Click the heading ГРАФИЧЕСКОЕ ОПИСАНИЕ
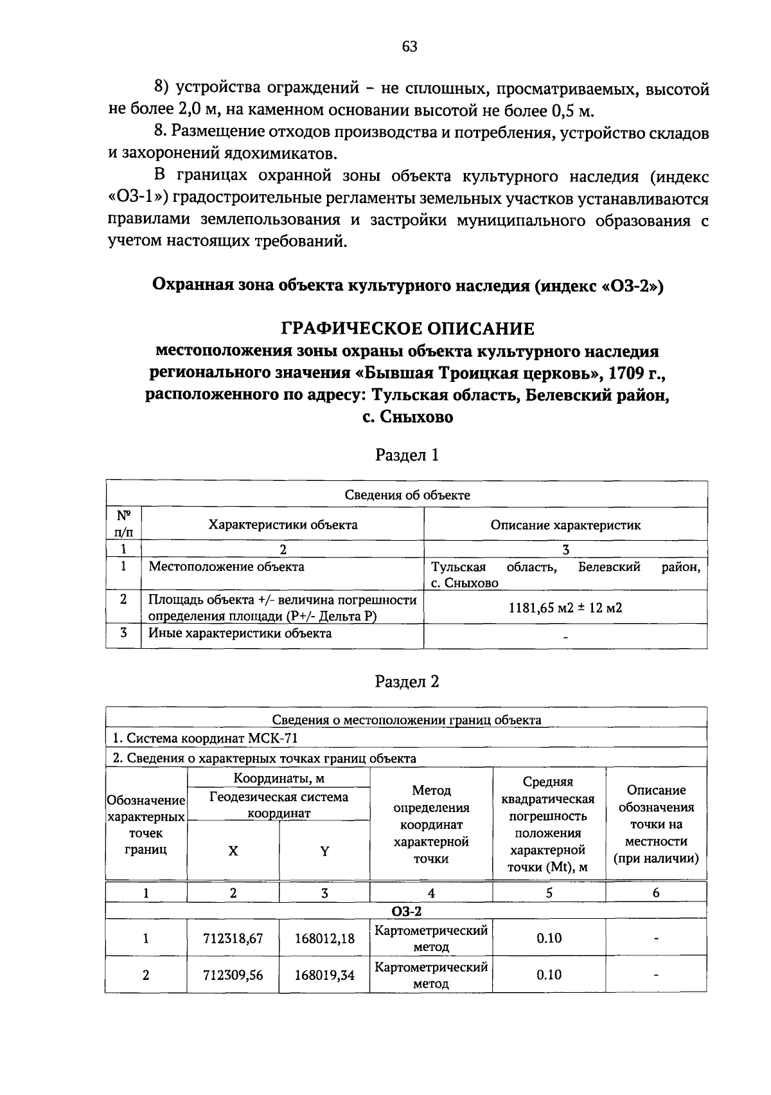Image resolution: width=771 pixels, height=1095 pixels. (x=408, y=329)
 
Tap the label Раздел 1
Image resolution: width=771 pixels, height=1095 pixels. (x=407, y=456)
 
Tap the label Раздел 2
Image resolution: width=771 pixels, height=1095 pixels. (x=407, y=682)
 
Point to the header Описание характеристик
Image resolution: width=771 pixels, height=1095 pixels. (x=565, y=525)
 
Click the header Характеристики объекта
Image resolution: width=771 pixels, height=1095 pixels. (x=283, y=525)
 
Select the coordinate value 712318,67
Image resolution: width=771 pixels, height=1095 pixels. (x=233, y=939)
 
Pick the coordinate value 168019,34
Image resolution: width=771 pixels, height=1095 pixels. (x=324, y=975)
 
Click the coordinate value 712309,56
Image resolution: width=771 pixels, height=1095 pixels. (x=233, y=975)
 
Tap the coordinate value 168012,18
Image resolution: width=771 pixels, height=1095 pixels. (x=324, y=939)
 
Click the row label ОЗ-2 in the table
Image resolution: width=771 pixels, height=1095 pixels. (x=406, y=912)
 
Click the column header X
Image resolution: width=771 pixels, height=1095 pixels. (x=233, y=851)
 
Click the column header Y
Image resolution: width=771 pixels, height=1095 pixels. (x=324, y=851)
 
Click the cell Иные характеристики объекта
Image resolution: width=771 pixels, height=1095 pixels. (x=240, y=634)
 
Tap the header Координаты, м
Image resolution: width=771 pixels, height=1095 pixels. (x=278, y=779)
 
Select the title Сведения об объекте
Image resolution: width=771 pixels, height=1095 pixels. (x=407, y=495)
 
